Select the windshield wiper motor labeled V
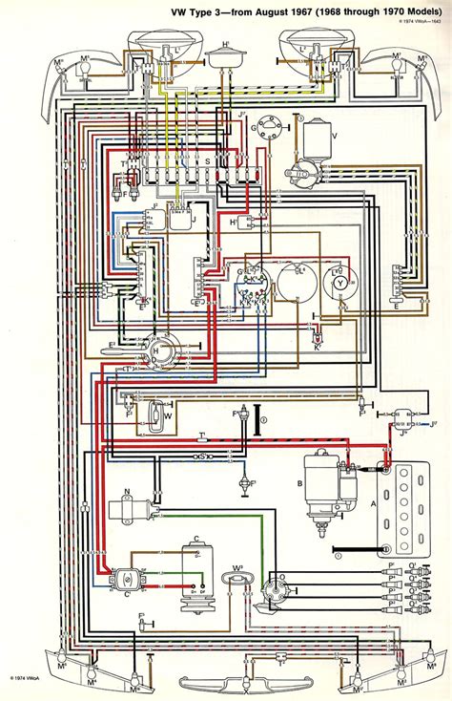(x=311, y=140)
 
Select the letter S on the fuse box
(x=209, y=163)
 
